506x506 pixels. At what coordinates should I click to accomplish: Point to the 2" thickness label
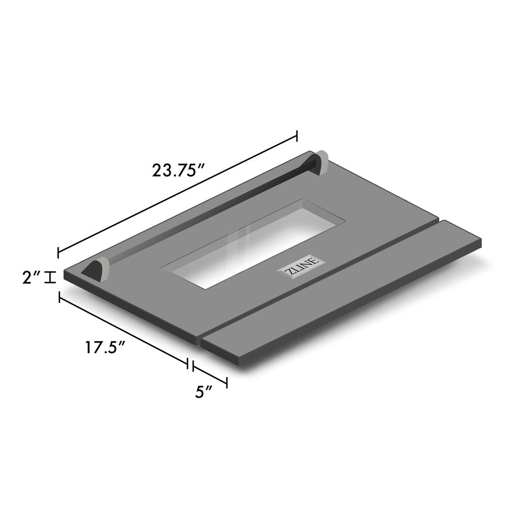[30, 277]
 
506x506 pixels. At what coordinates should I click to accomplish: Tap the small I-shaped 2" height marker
[50, 277]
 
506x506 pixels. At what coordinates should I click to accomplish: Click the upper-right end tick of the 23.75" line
[297, 136]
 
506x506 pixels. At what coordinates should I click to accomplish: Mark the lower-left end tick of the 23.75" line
[59, 252]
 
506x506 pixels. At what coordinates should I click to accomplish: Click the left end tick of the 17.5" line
[60, 298]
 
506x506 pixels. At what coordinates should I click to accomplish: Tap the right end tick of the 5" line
[227, 382]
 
